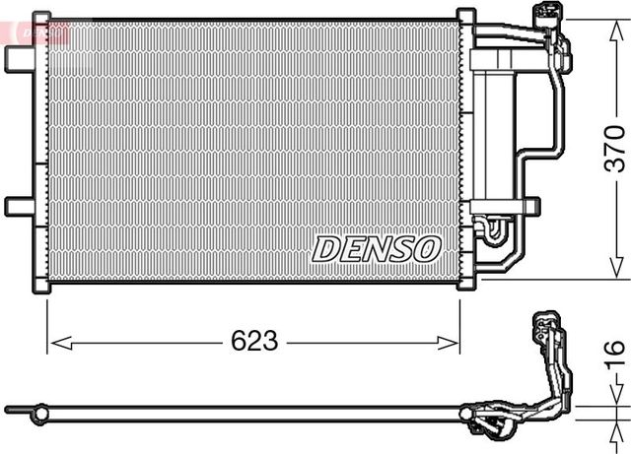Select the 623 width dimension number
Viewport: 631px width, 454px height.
pyautogui.click(x=253, y=343)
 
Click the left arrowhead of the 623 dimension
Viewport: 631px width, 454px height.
pyautogui.click(x=56, y=343)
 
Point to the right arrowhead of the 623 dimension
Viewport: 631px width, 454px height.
pyautogui.click(x=453, y=343)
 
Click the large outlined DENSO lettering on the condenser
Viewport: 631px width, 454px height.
pyautogui.click(x=376, y=248)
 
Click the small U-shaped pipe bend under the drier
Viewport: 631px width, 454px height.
pyautogui.click(x=493, y=230)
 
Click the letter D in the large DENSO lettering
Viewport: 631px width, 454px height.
pyautogui.click(x=327, y=248)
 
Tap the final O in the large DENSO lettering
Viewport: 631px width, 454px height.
pyautogui.click(x=425, y=248)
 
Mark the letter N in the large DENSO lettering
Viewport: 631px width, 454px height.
pyautogui.click(x=376, y=248)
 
